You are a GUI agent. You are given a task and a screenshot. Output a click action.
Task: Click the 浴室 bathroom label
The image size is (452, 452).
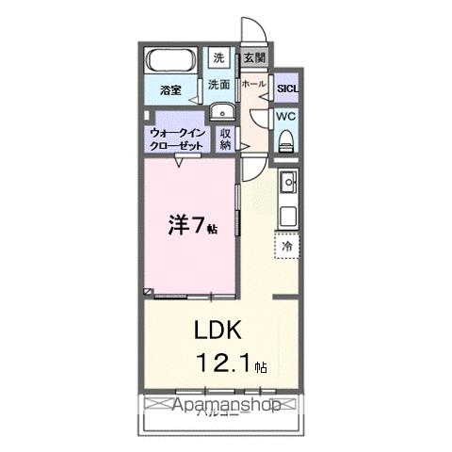coord(170,91)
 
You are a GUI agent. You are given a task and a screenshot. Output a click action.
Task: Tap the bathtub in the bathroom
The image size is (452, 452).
coord(172,62)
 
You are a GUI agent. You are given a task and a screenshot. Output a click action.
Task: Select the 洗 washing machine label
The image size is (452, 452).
coord(218,58)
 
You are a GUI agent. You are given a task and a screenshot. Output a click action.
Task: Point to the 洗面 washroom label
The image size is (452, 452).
coord(218,85)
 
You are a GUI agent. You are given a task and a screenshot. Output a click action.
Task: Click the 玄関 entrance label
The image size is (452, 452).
coord(254,58)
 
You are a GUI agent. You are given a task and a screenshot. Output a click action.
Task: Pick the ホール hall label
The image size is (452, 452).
coord(253,85)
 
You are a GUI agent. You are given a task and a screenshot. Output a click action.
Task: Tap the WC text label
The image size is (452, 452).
coord(286,117)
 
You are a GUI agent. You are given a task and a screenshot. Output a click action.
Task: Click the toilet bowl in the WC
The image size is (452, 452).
coord(287,140)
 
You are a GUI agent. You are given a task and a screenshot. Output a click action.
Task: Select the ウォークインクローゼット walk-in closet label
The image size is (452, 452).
coord(179,139)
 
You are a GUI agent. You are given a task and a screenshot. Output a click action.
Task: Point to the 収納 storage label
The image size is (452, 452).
coord(226,139)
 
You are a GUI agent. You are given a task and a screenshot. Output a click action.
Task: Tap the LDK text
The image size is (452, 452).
coord(220,331)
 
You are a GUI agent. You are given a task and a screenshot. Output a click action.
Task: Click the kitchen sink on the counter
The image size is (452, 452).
coord(287,182)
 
